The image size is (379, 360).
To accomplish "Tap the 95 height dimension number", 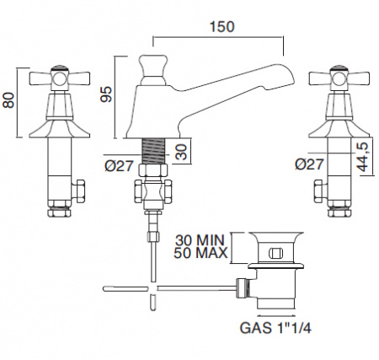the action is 107,94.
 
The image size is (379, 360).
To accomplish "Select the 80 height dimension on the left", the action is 8,100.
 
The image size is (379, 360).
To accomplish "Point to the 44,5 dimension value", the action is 363,157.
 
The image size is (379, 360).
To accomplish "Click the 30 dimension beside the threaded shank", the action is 182,152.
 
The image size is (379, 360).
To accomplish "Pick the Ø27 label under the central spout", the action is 118,166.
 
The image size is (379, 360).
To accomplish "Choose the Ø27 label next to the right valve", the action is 309,164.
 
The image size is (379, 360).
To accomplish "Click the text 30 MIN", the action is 200,240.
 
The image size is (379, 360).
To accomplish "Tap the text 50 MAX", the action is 200,253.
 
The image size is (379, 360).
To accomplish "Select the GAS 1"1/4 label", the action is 275,328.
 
